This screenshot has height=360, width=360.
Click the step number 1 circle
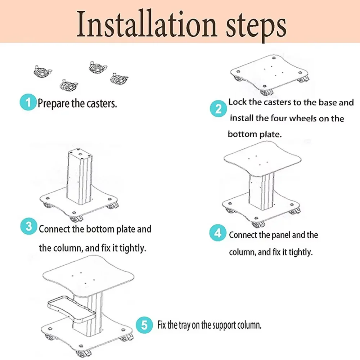click(x=28, y=102)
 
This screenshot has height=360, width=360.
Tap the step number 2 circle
click(x=218, y=109)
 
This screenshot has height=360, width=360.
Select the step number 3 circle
click(x=28, y=226)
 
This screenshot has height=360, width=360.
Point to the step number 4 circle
click(x=218, y=233)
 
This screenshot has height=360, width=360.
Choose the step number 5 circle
click(x=144, y=325)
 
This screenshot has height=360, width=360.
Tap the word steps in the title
click(x=256, y=26)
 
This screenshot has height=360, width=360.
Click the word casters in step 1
click(x=102, y=104)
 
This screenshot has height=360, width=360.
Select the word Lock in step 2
click(x=237, y=102)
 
